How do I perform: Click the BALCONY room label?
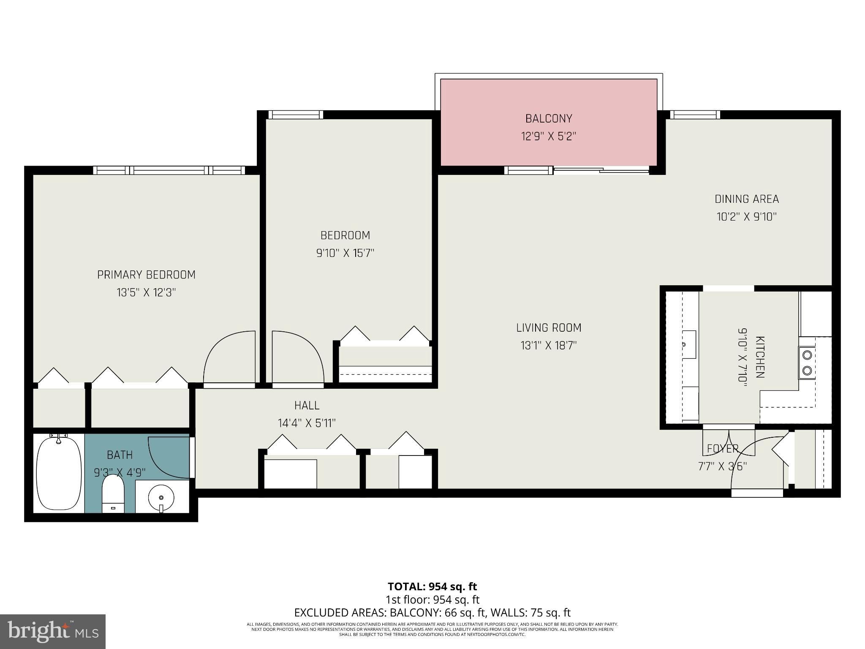coord(548,119)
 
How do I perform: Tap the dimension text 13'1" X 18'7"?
coord(548,346)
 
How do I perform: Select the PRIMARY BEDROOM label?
coord(146,275)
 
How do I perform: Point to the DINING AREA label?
coord(747,199)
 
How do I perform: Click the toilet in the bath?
coord(113,494)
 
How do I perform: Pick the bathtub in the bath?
coord(59,472)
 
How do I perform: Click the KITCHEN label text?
coord(760,357)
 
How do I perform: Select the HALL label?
coord(307,406)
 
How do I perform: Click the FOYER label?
coord(723,449)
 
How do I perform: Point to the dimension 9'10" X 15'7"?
coord(345,253)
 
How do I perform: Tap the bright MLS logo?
coord(53,631)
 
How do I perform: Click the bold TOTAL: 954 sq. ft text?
coord(432,586)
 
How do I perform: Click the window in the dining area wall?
coord(695,115)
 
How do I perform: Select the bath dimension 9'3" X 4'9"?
coord(120,472)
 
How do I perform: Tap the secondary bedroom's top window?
coord(296,115)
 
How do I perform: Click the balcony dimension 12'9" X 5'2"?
coord(548,136)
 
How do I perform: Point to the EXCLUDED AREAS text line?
coord(432,613)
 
